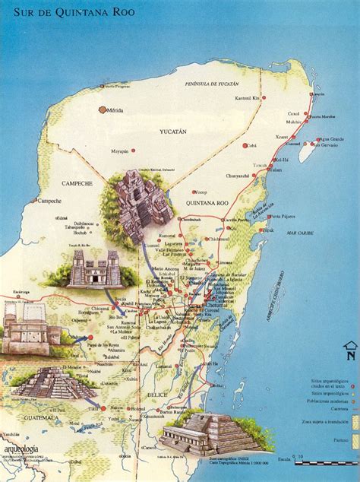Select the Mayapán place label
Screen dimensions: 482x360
[x=121, y=151]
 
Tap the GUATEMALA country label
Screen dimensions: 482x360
[x=42, y=417]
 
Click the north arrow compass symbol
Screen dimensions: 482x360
[x=349, y=350]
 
